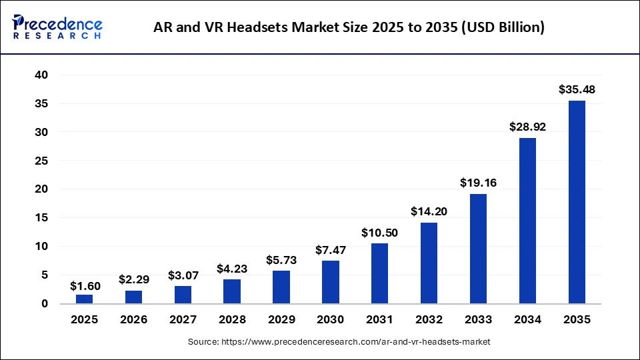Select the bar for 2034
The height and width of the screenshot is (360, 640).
tap(527, 221)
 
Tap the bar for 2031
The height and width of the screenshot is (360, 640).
tap(379, 273)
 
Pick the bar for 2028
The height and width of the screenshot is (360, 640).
tap(231, 291)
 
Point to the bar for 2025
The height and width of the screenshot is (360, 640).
tap(84, 299)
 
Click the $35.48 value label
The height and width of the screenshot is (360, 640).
tap(577, 89)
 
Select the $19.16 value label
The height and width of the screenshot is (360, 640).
tap(478, 183)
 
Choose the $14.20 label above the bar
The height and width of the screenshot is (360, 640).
tap(429, 211)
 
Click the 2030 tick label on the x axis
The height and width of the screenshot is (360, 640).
tap(330, 319)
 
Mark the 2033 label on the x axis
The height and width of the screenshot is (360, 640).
tap(478, 319)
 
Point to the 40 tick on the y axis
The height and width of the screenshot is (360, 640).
tap(41, 75)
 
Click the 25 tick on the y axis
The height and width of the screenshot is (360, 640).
tap(41, 161)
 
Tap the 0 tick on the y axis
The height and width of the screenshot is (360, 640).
tap(45, 303)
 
